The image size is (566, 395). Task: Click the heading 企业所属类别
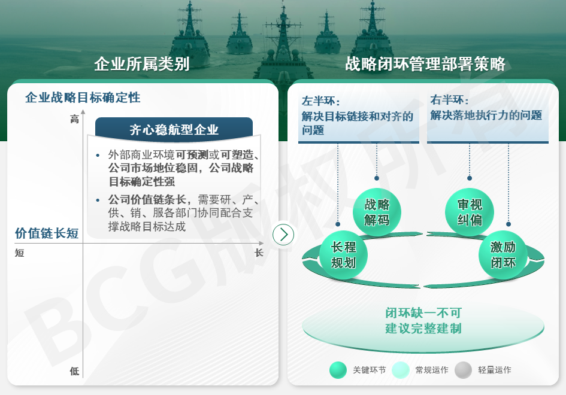[142, 64]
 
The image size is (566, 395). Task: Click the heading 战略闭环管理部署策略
[425, 64]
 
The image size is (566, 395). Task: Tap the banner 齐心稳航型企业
[174, 129]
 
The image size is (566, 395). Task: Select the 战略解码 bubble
[377, 212]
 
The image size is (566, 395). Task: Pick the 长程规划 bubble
[343, 255]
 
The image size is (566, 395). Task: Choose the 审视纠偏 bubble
[470, 212]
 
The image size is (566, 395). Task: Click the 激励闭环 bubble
[503, 255]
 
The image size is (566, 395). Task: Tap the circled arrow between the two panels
[283, 235]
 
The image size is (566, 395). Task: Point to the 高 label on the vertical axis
[74, 119]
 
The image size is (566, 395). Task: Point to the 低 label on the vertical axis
[74, 371]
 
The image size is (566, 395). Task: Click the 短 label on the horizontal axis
[20, 253]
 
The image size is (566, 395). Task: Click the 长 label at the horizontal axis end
[259, 253]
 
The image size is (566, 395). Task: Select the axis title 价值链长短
[47, 233]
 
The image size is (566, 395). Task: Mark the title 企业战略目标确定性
[83, 98]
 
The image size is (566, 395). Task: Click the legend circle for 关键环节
[338, 370]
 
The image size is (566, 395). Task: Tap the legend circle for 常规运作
[400, 370]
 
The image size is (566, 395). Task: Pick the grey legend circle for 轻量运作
[464, 370]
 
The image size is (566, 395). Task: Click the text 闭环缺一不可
[423, 313]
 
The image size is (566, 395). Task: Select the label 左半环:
[321, 101]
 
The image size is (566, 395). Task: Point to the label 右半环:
[449, 99]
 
